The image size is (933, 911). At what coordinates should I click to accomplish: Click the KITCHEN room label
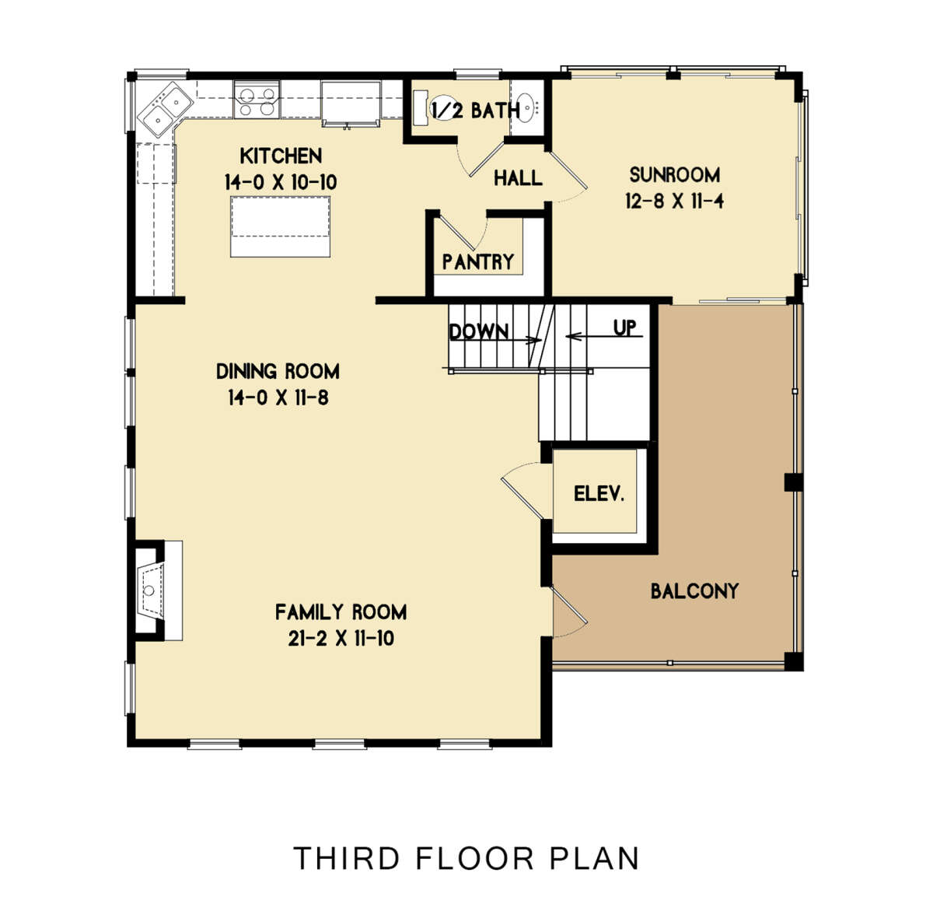(281, 156)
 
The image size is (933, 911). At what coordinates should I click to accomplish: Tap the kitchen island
(280, 226)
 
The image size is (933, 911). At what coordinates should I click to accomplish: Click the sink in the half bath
(526, 107)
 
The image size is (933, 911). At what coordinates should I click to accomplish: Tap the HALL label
(518, 178)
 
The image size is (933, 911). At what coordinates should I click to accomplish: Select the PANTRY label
(478, 261)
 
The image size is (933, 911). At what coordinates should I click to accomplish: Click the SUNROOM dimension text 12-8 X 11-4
(674, 201)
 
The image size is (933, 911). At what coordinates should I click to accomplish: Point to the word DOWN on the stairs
(479, 331)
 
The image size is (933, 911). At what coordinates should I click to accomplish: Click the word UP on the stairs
(625, 328)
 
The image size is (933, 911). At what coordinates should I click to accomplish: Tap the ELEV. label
(599, 493)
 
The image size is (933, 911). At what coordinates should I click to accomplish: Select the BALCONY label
(694, 591)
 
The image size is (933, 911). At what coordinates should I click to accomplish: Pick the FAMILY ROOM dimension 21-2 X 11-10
(341, 639)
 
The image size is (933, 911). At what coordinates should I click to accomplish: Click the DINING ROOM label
(278, 371)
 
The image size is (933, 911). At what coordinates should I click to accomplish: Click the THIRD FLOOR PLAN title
(466, 858)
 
